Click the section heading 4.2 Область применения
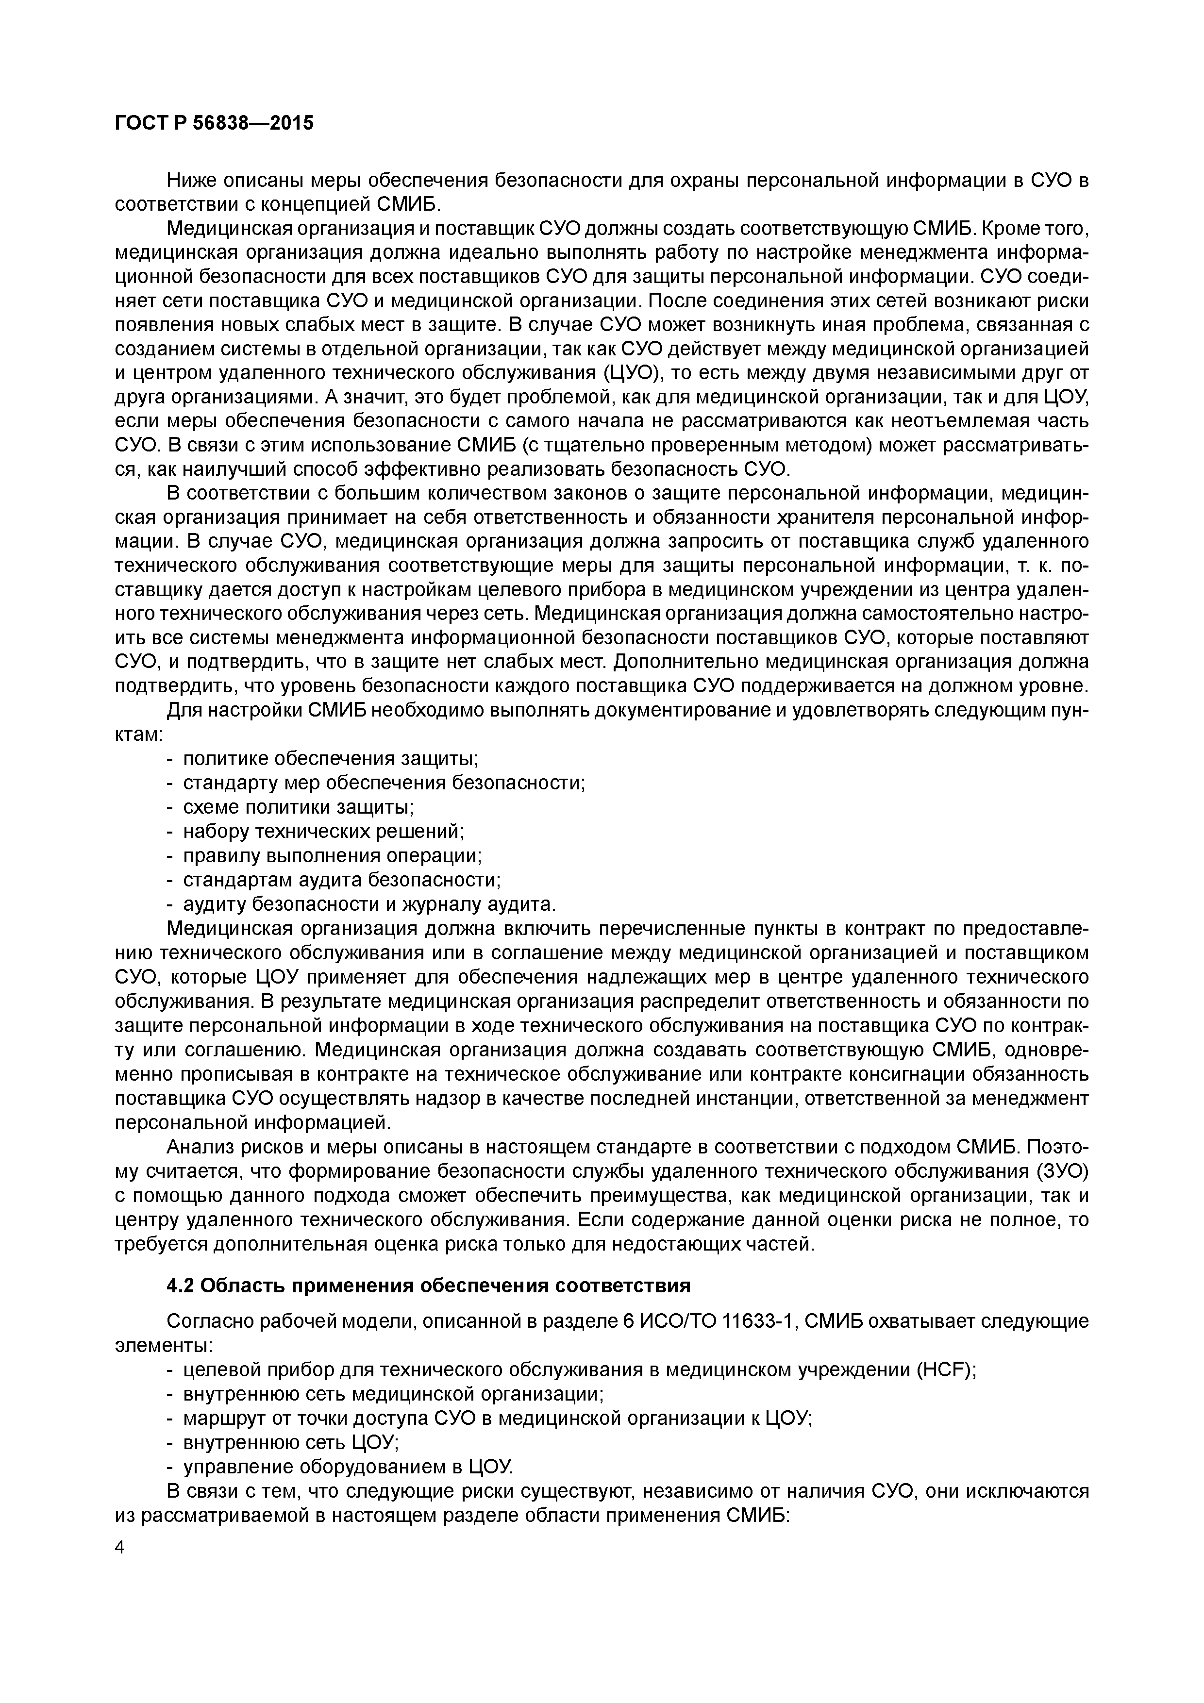tap(428, 1286)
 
